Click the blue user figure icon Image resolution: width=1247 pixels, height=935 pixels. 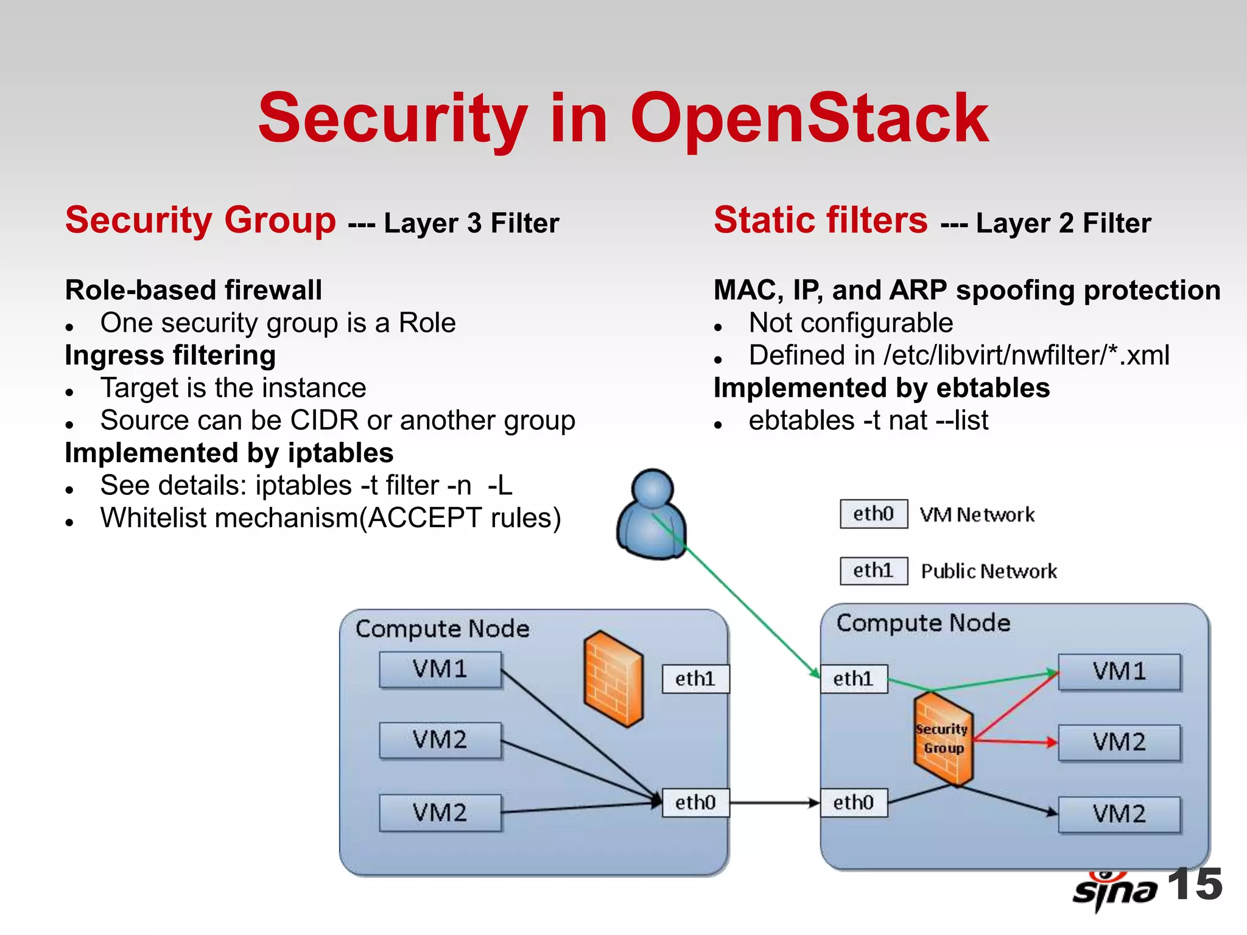tap(652, 515)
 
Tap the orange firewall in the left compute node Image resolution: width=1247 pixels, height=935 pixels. tap(613, 679)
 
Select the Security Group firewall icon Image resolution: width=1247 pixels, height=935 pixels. tap(943, 738)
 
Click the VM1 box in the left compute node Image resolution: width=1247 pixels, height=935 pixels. tap(440, 670)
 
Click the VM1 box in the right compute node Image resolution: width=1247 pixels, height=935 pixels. tap(1119, 671)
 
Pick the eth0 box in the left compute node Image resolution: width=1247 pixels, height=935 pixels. tap(695, 802)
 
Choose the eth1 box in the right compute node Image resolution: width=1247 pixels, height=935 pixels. tap(853, 679)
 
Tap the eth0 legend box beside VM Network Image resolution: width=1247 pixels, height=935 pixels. tap(873, 514)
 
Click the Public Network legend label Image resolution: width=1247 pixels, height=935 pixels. tap(988, 571)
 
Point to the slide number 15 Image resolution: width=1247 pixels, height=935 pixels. tap(1195, 884)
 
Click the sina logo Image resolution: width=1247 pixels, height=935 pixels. tap(1114, 891)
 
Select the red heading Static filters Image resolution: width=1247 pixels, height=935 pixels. tap(820, 220)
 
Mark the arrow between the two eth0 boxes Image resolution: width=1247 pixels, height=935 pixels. tap(775, 803)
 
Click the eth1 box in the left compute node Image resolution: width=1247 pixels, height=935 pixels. tap(695, 679)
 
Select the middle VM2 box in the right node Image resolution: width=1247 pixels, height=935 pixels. tap(1119, 742)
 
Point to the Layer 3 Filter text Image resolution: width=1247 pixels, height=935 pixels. tap(471, 223)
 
